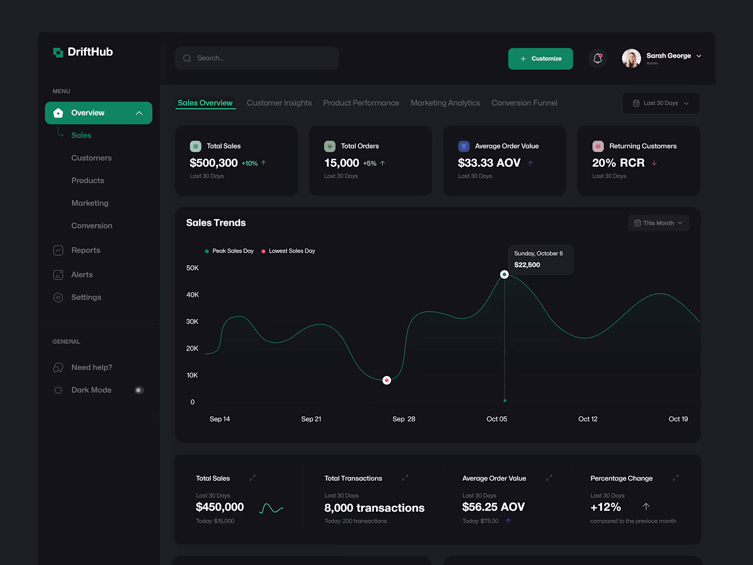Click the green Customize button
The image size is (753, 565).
(x=540, y=59)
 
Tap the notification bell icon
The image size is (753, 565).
(x=597, y=58)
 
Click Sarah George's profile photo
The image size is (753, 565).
(x=631, y=58)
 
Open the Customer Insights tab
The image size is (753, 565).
(x=279, y=103)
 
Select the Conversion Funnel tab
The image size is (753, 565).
(x=524, y=103)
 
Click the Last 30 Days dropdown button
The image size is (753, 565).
(x=661, y=103)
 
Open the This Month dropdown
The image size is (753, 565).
(x=658, y=223)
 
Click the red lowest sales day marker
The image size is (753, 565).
(x=387, y=380)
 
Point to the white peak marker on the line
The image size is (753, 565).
(x=504, y=274)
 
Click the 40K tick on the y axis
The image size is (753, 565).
(x=192, y=295)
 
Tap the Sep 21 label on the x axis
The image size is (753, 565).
(x=311, y=419)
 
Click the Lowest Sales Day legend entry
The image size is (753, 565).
(x=288, y=251)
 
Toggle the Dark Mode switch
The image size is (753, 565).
(x=139, y=390)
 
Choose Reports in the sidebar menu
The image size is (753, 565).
(x=85, y=250)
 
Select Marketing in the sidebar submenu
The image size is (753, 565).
(x=90, y=203)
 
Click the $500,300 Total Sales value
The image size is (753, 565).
(x=213, y=163)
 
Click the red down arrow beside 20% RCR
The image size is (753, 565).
(x=654, y=163)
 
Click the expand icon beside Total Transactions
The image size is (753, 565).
(x=405, y=478)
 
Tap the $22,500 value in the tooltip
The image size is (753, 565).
(x=527, y=265)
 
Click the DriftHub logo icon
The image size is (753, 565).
(x=58, y=52)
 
